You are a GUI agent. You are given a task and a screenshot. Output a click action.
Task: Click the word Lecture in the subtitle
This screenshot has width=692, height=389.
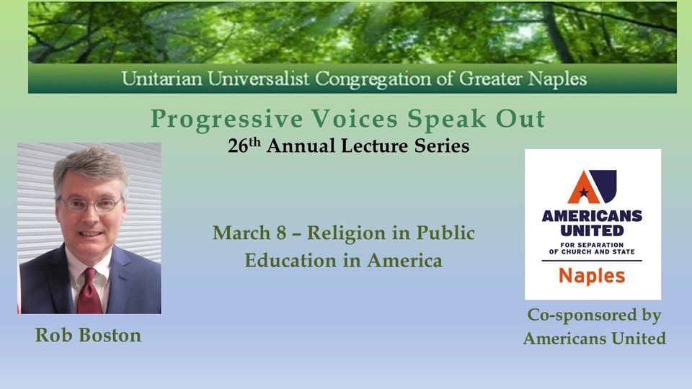pyautogui.click(x=380, y=146)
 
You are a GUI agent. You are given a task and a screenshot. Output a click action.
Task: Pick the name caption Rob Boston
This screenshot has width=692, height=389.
pyautogui.click(x=88, y=336)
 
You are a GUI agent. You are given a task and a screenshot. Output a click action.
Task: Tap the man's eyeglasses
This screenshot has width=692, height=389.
pyautogui.click(x=90, y=205)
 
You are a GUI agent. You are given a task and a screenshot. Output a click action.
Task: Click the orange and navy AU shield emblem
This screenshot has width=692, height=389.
pyautogui.click(x=592, y=187)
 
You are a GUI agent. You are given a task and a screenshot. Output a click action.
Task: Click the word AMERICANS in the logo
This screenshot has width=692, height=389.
pyautogui.click(x=592, y=215)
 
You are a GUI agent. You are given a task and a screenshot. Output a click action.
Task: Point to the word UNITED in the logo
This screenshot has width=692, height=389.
pyautogui.click(x=592, y=231)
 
